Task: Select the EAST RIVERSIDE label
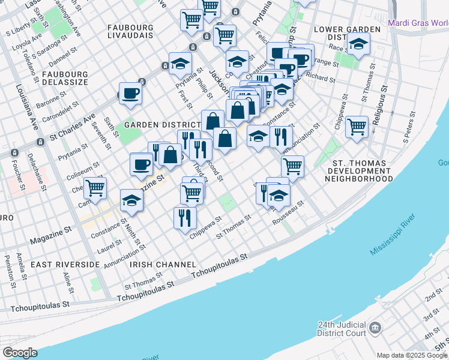pos(65,265)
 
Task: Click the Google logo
pos(20,353)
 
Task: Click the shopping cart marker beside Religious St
pos(357,126)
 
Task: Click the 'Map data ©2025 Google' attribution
pos(412,355)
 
